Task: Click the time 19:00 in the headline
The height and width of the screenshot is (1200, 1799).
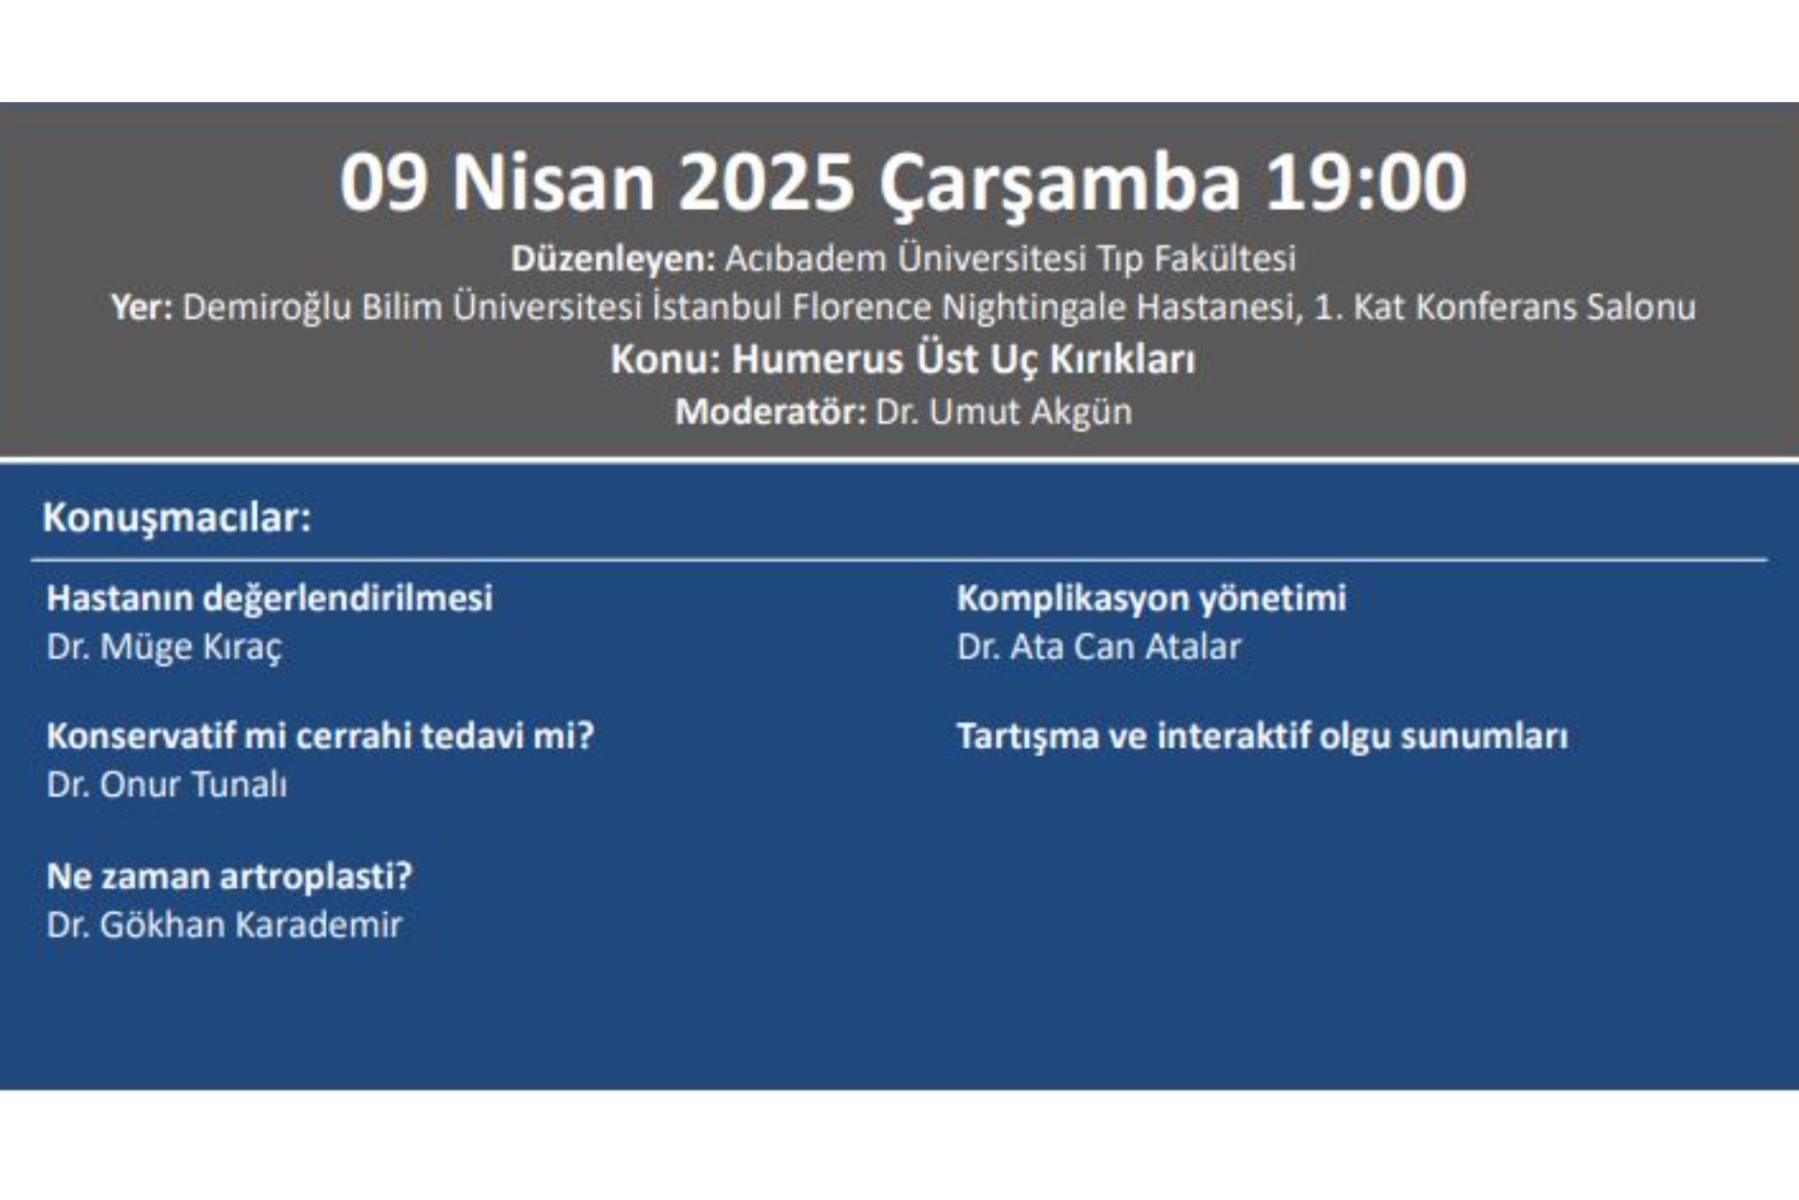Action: [1365, 182]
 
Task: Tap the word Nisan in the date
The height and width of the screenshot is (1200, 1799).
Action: [554, 182]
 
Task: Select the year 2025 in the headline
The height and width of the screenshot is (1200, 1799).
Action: [766, 182]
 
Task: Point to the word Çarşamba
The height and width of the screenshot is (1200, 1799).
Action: [1059, 186]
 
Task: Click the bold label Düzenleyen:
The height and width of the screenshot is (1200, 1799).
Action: [613, 259]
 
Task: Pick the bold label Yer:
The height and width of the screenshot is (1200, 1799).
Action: [141, 307]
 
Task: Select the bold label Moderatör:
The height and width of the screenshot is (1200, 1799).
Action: [771, 412]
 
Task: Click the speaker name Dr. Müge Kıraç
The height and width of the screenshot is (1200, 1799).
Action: [164, 648]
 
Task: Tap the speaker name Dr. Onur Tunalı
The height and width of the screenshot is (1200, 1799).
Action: [167, 785]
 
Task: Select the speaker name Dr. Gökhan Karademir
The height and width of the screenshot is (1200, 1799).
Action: [225, 925]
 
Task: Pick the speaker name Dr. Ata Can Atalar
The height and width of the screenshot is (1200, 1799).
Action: [1099, 647]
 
